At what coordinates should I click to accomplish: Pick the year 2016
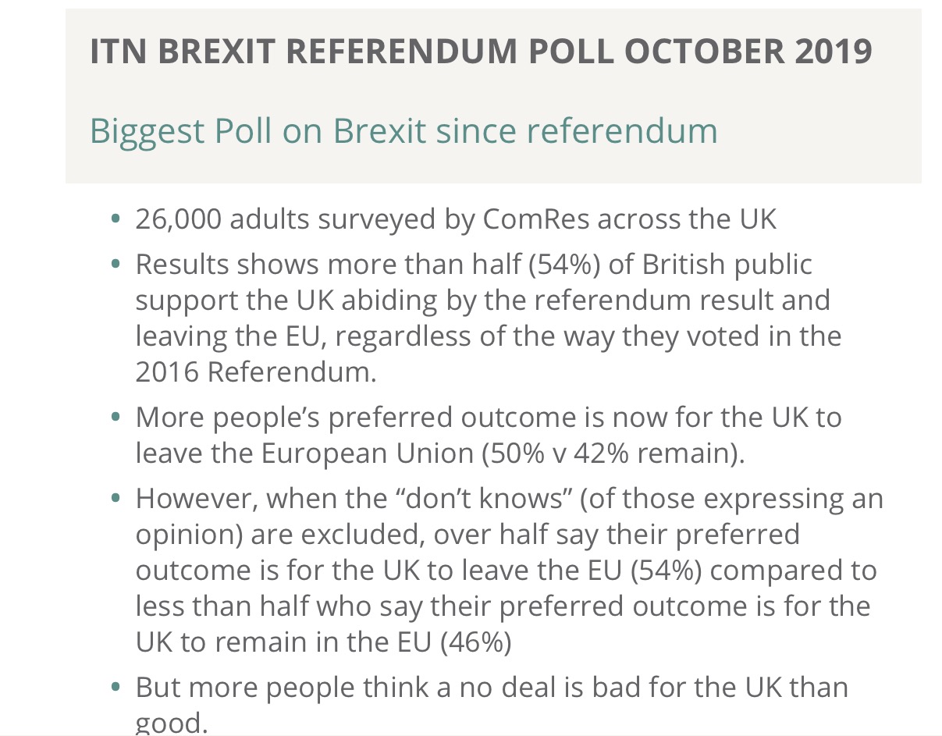(x=166, y=372)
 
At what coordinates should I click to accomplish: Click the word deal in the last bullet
(x=564, y=688)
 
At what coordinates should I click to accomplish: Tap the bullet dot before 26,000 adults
(x=116, y=220)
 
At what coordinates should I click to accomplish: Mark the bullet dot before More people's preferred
(x=116, y=418)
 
